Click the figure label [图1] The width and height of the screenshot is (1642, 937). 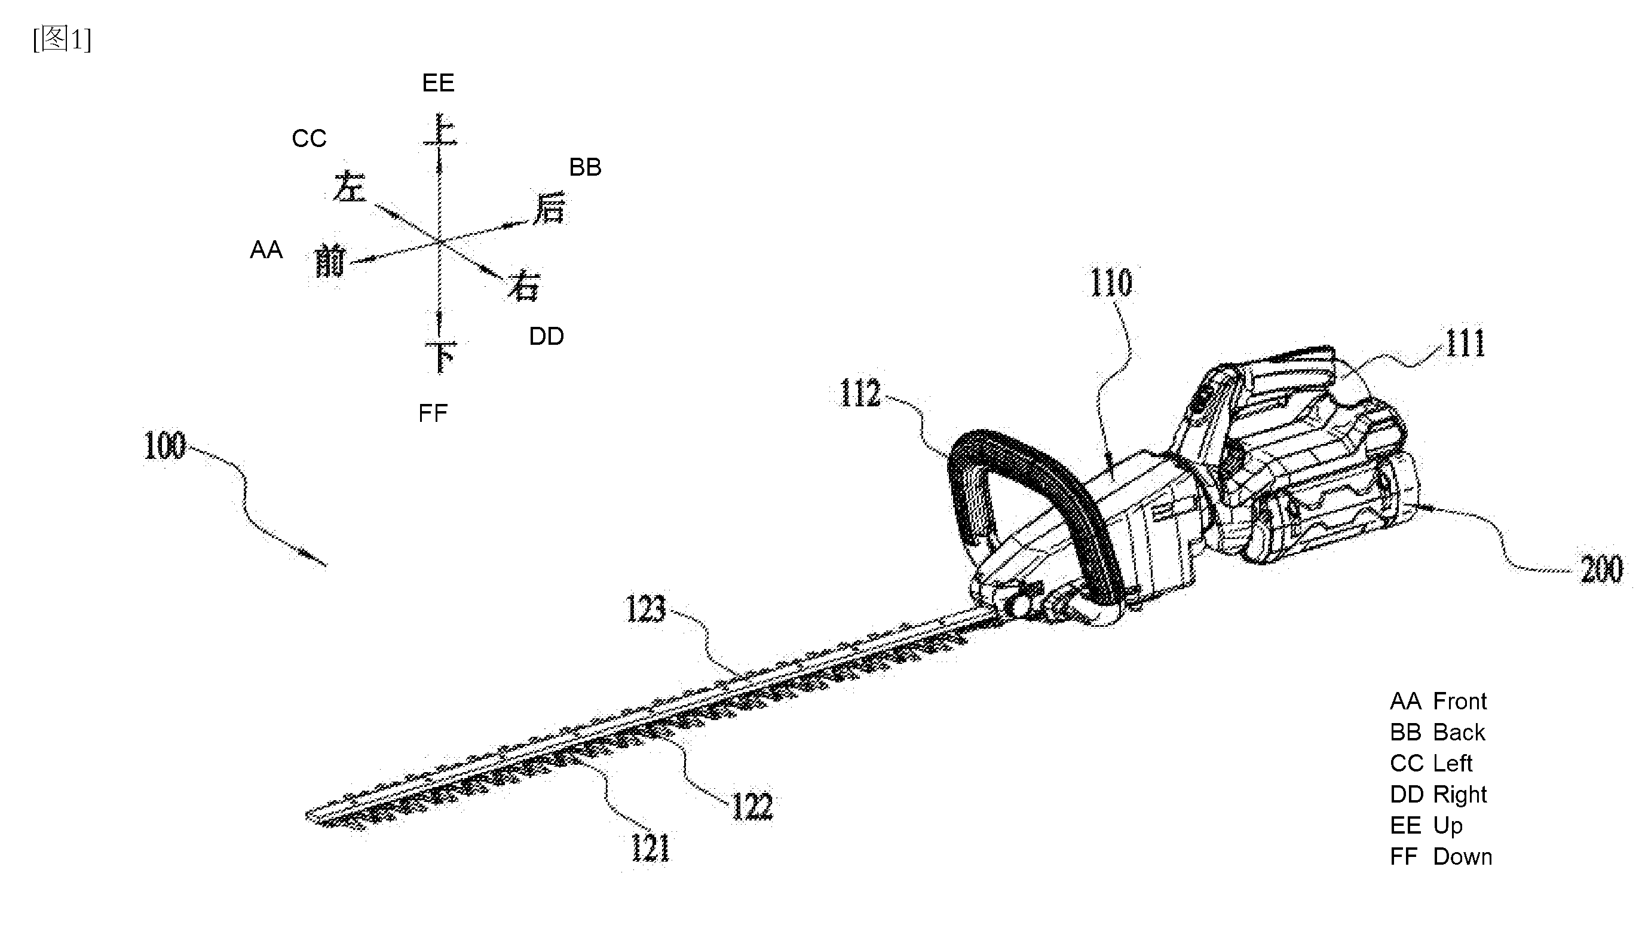click(62, 39)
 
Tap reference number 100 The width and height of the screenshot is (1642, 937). click(165, 445)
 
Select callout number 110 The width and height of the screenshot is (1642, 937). click(1111, 283)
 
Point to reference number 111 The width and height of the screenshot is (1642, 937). click(1466, 343)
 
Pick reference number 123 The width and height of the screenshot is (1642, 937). click(645, 609)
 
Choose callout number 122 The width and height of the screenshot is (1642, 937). click(752, 806)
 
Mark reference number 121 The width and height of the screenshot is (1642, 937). click(651, 847)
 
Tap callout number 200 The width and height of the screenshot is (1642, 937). click(1602, 569)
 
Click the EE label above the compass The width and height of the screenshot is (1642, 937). click(438, 83)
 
